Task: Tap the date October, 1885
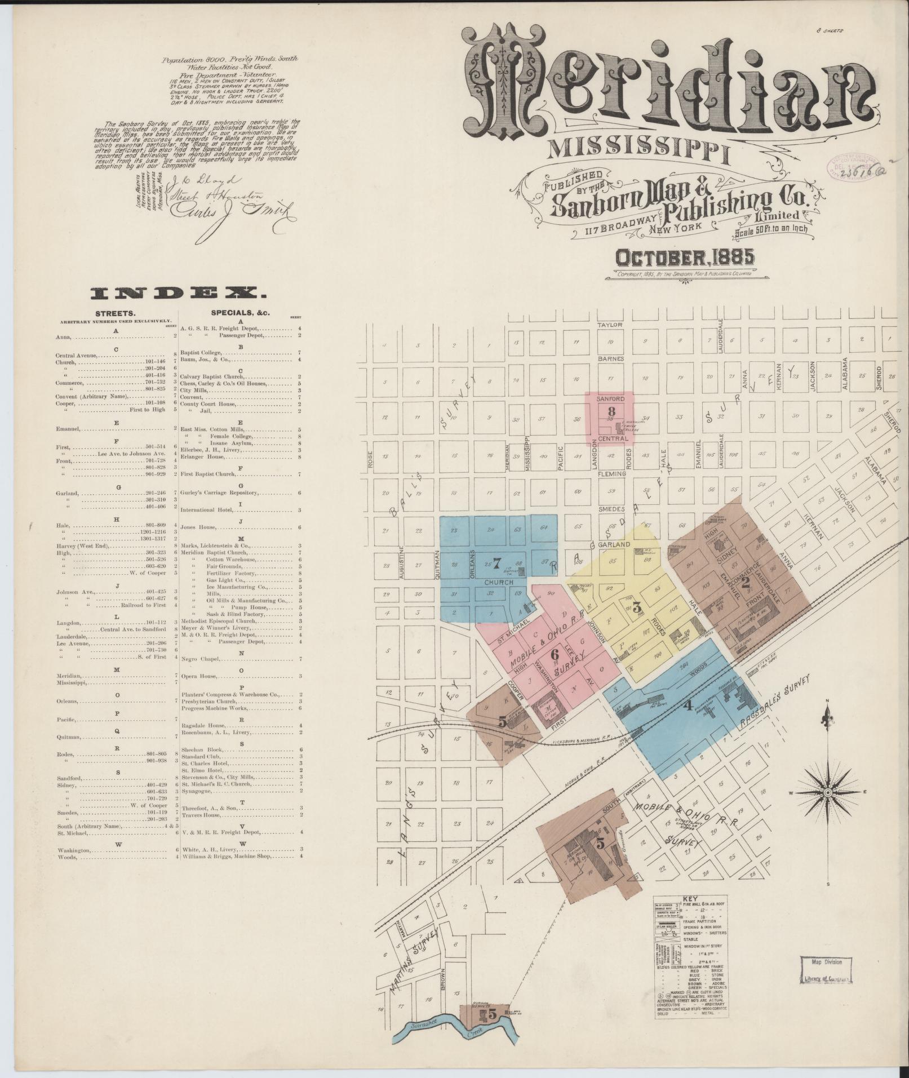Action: tap(685, 258)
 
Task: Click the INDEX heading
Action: tap(178, 292)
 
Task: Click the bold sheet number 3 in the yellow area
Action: tap(637, 607)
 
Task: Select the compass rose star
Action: tap(827, 793)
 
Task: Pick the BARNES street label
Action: tap(611, 358)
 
